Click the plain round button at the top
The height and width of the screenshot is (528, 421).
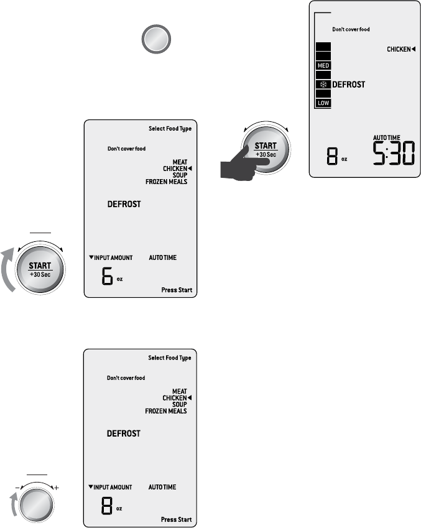[155, 41]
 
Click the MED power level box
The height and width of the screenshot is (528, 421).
[323, 65]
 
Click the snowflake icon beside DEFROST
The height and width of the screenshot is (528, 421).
[323, 84]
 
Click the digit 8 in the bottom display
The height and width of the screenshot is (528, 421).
[107, 506]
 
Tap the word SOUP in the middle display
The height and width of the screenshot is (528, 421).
[180, 175]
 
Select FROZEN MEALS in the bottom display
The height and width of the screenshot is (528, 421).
[166, 411]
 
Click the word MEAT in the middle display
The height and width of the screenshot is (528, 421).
[180, 162]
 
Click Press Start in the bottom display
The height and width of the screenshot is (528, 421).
[177, 519]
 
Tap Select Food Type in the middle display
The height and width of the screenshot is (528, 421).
[170, 129]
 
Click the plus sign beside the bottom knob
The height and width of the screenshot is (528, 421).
[57, 486]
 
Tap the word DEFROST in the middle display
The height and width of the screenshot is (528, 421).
[124, 204]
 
